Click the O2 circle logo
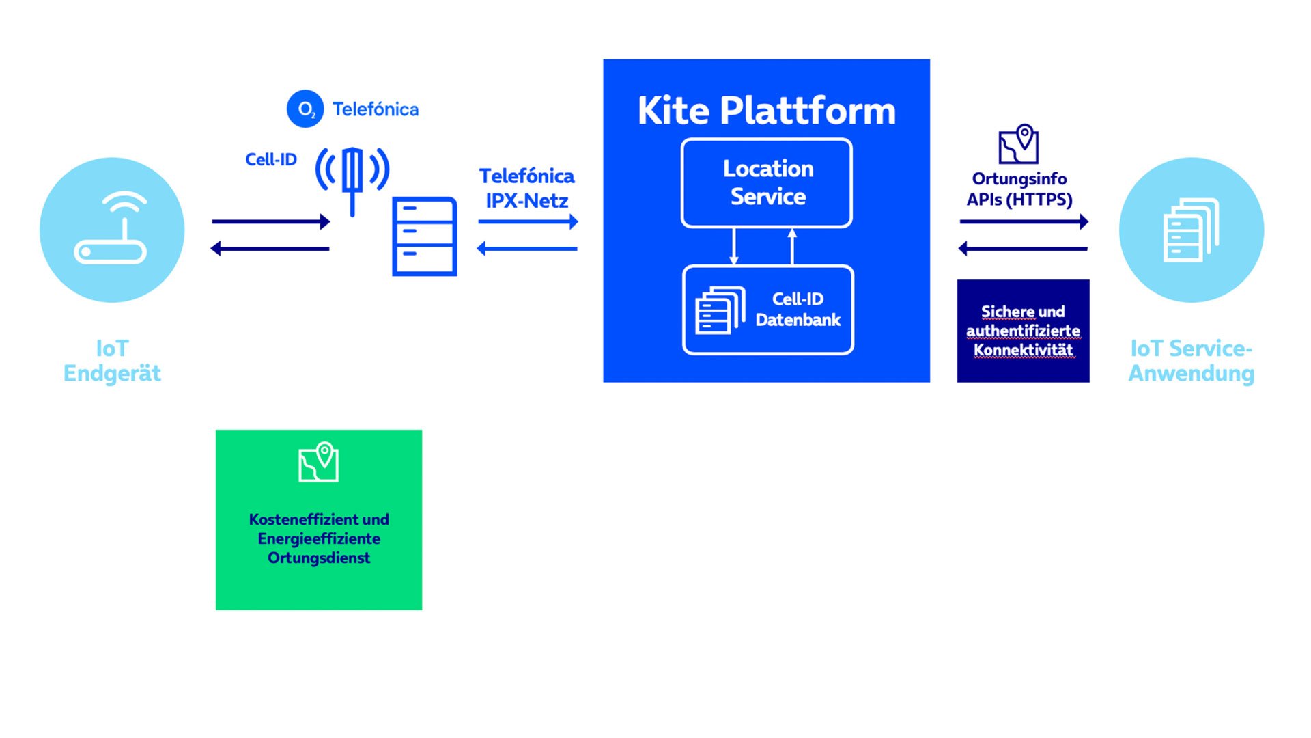pyautogui.click(x=305, y=109)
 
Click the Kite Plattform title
pyautogui.click(x=766, y=111)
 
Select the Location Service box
pyautogui.click(x=767, y=182)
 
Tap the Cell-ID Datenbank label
pyautogui.click(x=798, y=309)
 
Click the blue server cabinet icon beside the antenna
pyautogui.click(x=425, y=236)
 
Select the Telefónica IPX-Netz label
pyautogui.click(x=526, y=188)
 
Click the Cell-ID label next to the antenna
pyautogui.click(x=271, y=159)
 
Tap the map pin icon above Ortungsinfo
pyautogui.click(x=1018, y=143)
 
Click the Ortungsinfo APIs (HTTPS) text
pyautogui.click(x=1019, y=189)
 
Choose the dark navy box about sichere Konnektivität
pyautogui.click(x=1023, y=331)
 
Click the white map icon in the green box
pyautogui.click(x=319, y=462)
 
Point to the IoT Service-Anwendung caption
pyautogui.click(x=1192, y=361)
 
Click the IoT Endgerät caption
pyautogui.click(x=112, y=361)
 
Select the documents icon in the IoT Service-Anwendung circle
pyautogui.click(x=1191, y=230)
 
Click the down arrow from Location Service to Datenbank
pyautogui.click(x=734, y=246)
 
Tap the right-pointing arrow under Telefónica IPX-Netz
pyautogui.click(x=528, y=221)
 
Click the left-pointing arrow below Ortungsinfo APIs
pyautogui.click(x=1023, y=249)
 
